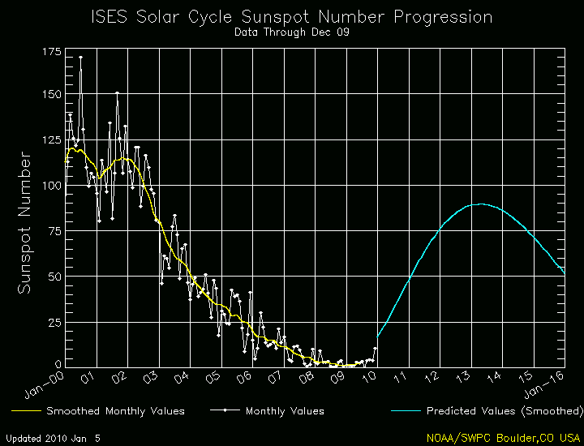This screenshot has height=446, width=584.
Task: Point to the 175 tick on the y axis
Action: coord(49,51)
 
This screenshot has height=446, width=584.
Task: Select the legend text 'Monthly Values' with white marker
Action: coord(285,411)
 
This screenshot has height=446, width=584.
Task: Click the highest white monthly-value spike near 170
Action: coord(79,58)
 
